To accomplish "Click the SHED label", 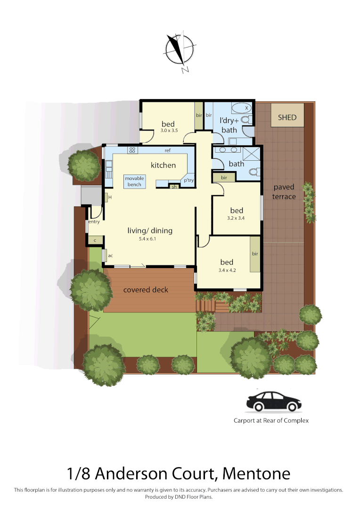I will (x=287, y=117).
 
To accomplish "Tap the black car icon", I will (x=274, y=402).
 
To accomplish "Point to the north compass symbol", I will (x=180, y=51).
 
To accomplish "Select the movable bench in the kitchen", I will (x=135, y=181).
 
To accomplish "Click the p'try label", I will (x=188, y=181).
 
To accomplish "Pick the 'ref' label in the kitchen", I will (x=167, y=151).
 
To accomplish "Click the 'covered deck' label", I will (x=146, y=290).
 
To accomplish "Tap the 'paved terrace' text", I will (x=284, y=192).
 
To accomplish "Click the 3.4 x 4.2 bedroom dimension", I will (x=227, y=271).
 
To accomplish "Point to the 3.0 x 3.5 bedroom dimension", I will (x=169, y=131).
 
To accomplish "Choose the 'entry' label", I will (x=94, y=222).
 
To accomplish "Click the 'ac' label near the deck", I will (x=110, y=256).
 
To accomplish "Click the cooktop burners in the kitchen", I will (x=132, y=150).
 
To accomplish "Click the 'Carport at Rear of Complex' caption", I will (x=271, y=420).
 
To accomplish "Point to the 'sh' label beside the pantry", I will (x=174, y=187).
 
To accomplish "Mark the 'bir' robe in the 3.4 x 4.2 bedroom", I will (x=255, y=254).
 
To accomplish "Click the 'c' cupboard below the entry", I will (x=95, y=240).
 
